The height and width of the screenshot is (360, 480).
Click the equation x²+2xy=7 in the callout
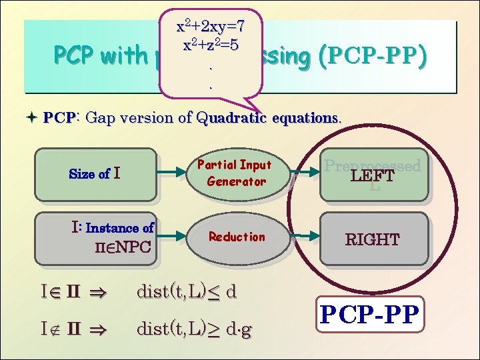(x=210, y=27)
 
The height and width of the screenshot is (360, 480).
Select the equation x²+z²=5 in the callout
(x=210, y=45)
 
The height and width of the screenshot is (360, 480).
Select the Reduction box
(x=237, y=237)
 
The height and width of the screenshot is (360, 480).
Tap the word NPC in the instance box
(x=130, y=249)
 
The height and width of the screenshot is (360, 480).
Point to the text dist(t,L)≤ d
(x=186, y=291)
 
